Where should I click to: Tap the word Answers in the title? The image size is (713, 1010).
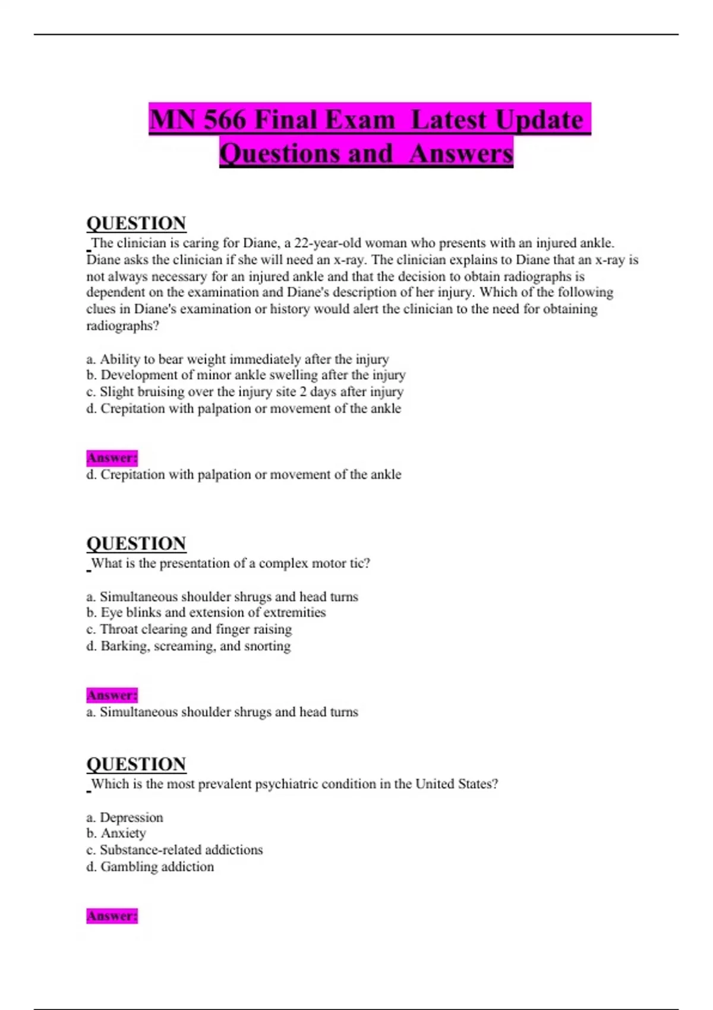(461, 153)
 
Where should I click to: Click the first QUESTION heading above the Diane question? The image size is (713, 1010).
(136, 223)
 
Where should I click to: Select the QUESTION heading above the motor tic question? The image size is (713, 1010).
(136, 544)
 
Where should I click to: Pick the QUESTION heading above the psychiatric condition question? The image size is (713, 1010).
(136, 764)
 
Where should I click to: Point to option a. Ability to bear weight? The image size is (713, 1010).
(238, 359)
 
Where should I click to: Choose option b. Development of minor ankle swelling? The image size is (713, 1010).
(246, 375)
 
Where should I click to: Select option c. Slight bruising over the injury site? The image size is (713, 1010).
(245, 392)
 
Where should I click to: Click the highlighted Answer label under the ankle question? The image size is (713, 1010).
(112, 458)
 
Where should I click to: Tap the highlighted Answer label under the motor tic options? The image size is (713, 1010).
(112, 695)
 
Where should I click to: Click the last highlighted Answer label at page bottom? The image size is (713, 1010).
(112, 916)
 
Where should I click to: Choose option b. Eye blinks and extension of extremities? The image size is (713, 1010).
(206, 613)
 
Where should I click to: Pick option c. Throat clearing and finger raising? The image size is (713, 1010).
(189, 629)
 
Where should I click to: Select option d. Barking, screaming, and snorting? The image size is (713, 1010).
(188, 646)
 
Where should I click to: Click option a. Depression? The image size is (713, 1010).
(125, 818)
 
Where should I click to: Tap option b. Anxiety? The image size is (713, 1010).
(116, 834)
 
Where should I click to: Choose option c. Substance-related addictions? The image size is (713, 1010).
(174, 850)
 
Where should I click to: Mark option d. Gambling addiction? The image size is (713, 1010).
(150, 867)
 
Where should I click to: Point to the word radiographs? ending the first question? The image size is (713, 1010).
(123, 326)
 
